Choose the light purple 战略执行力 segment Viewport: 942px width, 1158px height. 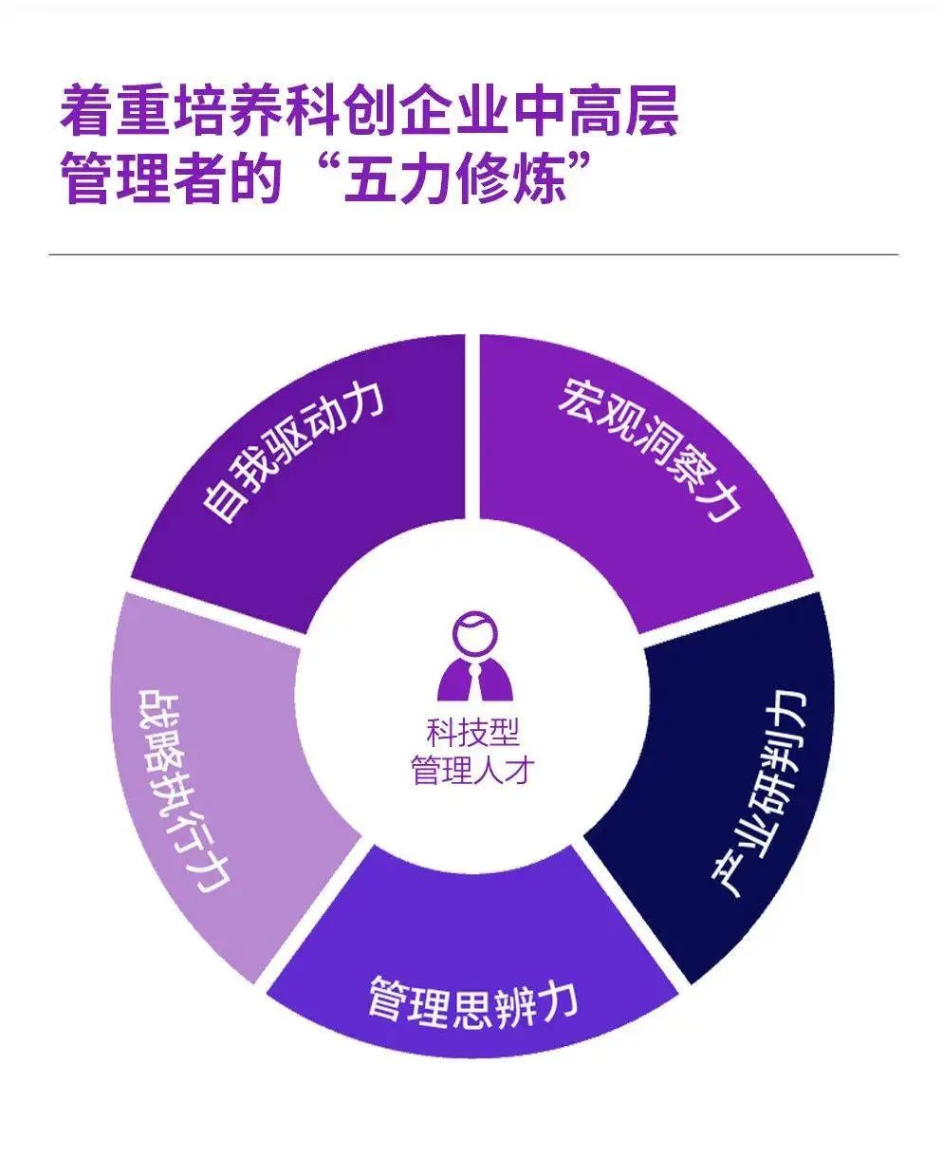(x=209, y=788)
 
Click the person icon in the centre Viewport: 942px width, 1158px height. (x=471, y=659)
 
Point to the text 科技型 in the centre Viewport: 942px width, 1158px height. (x=471, y=732)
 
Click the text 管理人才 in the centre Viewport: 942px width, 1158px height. (x=471, y=770)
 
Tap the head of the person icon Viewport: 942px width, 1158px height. (x=471, y=630)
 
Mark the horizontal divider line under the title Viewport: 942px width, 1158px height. (x=471, y=254)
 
